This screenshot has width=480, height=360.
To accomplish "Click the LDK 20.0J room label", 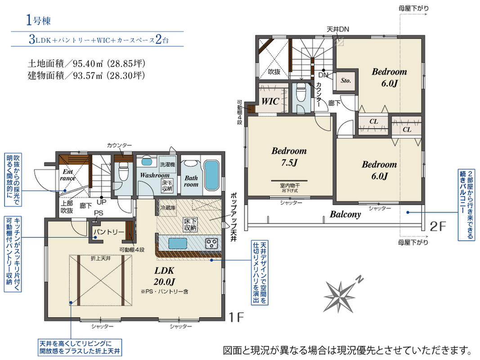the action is pyautogui.click(x=164, y=276).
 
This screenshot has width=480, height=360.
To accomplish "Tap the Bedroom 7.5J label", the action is pyautogui.click(x=289, y=157).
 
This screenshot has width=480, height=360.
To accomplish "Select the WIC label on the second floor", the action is pyautogui.click(x=270, y=101).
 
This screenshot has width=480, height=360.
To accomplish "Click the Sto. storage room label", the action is pyautogui.click(x=345, y=81).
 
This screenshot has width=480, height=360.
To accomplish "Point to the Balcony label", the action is pyautogui.click(x=345, y=214).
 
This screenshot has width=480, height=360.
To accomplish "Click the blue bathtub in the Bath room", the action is pyautogui.click(x=211, y=175).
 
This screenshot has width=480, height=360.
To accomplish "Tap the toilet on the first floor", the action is pyautogui.click(x=123, y=171).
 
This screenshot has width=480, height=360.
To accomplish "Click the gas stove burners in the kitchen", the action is pyautogui.click(x=211, y=243).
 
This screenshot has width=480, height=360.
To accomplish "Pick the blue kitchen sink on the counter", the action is pyautogui.click(x=178, y=243).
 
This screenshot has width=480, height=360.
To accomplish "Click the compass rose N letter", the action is pyautogui.click(x=360, y=279).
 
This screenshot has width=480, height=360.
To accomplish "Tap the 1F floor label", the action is pyautogui.click(x=236, y=317).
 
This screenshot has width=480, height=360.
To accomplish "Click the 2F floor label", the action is pyautogui.click(x=438, y=226).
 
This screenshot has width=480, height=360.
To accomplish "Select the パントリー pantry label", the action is pyautogui.click(x=109, y=232).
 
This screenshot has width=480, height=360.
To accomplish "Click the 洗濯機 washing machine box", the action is pyautogui.click(x=167, y=164).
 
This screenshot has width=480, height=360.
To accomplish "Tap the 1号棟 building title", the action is pyautogui.click(x=38, y=21).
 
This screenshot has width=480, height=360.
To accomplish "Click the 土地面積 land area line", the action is pyautogui.click(x=86, y=63).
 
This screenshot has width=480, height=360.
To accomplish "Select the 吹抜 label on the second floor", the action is pyautogui.click(x=274, y=72).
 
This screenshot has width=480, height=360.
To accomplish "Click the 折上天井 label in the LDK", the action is pyautogui.click(x=101, y=259).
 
